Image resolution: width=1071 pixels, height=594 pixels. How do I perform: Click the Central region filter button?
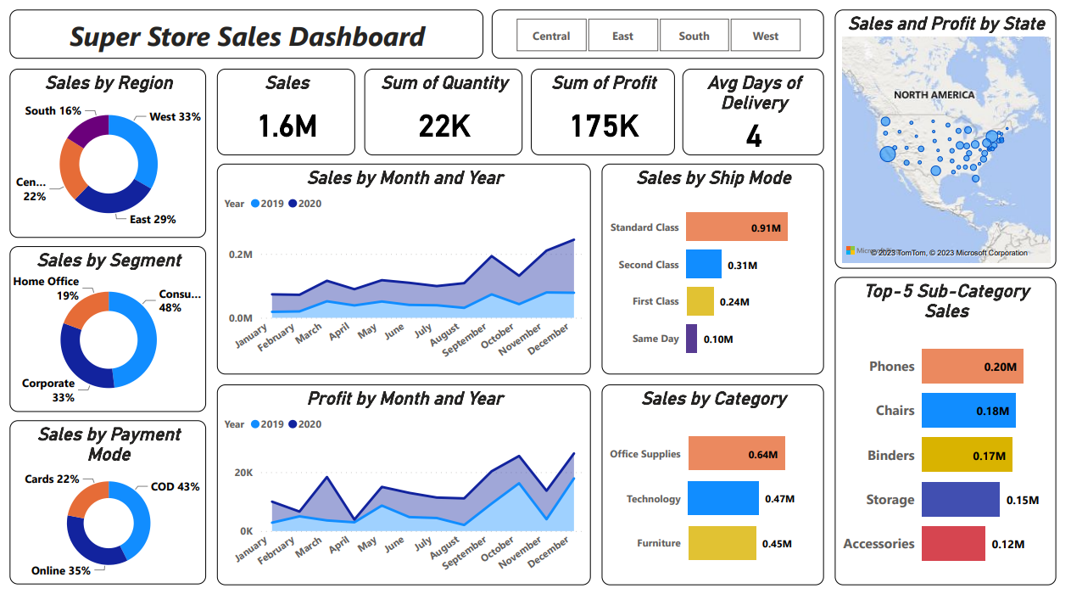pyautogui.click(x=551, y=36)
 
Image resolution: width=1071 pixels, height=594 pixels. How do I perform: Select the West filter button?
pyautogui.click(x=765, y=36)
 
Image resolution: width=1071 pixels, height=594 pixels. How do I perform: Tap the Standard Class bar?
pyautogui.click(x=736, y=227)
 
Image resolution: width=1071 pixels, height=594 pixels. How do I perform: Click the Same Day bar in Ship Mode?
pyautogui.click(x=691, y=339)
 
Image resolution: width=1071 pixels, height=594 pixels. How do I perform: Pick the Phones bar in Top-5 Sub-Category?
pyautogui.click(x=972, y=367)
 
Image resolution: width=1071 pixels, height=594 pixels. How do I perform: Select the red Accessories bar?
pyautogui.click(x=953, y=544)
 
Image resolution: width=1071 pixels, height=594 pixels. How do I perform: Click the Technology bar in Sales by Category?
pyautogui.click(x=722, y=499)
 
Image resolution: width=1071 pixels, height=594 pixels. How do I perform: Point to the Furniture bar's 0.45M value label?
pyautogui.click(x=778, y=544)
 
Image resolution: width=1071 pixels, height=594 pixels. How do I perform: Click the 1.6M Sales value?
pyautogui.click(x=287, y=126)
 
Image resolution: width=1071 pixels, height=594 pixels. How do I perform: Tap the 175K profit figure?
pyautogui.click(x=604, y=126)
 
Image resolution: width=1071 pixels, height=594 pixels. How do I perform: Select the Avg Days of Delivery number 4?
pyautogui.click(x=753, y=137)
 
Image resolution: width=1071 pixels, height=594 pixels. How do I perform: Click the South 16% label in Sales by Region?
pyautogui.click(x=53, y=111)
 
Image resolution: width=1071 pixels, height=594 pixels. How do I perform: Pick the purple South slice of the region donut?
pyautogui.click(x=88, y=129)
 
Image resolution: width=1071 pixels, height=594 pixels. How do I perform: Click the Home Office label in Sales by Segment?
pyautogui.click(x=47, y=282)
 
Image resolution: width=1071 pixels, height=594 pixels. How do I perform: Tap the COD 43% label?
pyautogui.click(x=175, y=487)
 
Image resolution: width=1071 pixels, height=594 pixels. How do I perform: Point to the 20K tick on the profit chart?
pyautogui.click(x=243, y=473)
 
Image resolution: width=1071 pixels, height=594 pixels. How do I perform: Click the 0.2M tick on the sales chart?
pyautogui.click(x=241, y=255)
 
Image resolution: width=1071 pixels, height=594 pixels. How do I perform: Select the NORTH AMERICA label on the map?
pyautogui.click(x=934, y=95)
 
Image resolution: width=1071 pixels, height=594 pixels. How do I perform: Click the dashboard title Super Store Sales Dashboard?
pyautogui.click(x=247, y=36)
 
